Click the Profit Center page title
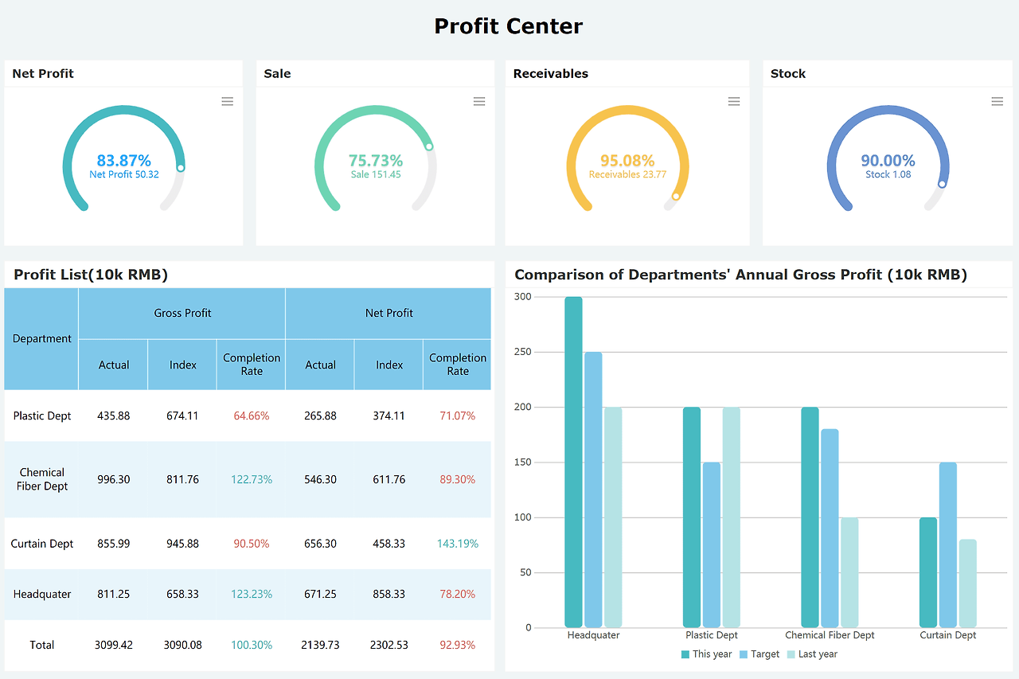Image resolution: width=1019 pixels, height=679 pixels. (509, 26)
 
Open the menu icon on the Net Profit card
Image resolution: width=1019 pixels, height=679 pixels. (228, 101)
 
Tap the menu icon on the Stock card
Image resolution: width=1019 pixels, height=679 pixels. (997, 101)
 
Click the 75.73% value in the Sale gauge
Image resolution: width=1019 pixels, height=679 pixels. (376, 161)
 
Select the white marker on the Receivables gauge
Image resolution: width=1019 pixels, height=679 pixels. (676, 196)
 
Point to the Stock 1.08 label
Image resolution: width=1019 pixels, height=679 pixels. (888, 174)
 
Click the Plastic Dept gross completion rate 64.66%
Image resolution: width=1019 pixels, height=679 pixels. (252, 416)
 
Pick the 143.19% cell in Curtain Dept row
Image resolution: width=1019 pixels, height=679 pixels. (458, 544)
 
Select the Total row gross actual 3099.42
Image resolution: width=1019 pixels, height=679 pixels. (114, 645)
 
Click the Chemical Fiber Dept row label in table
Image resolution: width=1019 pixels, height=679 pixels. (42, 479)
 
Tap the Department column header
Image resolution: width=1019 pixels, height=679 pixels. (42, 338)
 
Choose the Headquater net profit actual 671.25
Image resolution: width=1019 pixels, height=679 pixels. (321, 594)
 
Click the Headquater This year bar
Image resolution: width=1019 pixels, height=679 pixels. (574, 462)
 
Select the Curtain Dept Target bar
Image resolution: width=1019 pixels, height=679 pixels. (947, 544)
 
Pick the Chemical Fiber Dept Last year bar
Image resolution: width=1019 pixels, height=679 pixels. (849, 572)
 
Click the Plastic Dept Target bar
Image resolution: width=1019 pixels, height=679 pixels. (711, 544)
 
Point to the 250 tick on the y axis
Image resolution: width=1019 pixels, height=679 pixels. (522, 352)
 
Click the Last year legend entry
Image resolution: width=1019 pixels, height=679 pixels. (812, 654)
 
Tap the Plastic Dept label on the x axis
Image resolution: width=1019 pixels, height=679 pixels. (712, 635)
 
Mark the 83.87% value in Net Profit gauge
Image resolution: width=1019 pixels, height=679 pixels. (124, 161)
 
